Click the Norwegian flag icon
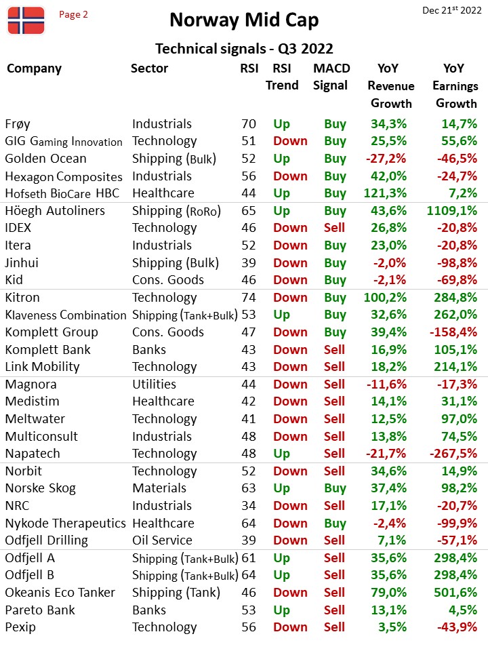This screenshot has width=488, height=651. click(x=26, y=20)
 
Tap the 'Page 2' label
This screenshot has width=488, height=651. click(x=73, y=14)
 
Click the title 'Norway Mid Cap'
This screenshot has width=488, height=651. click(x=244, y=20)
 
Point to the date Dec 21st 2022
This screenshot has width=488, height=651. click(x=452, y=10)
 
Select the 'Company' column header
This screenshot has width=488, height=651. click(x=34, y=68)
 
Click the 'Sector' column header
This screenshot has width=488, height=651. click(x=149, y=68)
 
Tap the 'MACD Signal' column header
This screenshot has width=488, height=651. click(x=331, y=77)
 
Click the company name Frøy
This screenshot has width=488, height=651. click(x=18, y=124)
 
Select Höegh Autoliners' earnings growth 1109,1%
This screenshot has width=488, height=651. click(x=452, y=211)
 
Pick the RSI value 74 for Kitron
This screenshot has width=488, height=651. click(x=249, y=298)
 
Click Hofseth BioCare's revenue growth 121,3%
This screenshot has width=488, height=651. click(x=385, y=193)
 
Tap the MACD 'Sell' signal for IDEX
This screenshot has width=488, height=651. click(x=334, y=228)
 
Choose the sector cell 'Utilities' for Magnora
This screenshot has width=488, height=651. click(x=155, y=384)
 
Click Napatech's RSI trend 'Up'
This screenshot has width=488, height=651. click(x=281, y=454)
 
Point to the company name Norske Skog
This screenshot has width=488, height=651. click(x=40, y=489)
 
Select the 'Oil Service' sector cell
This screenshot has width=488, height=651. click(x=162, y=540)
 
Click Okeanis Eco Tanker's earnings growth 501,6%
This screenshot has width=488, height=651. click(x=455, y=593)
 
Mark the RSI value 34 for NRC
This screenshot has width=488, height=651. click(x=249, y=506)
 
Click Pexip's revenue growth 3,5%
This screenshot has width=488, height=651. click(x=392, y=627)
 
